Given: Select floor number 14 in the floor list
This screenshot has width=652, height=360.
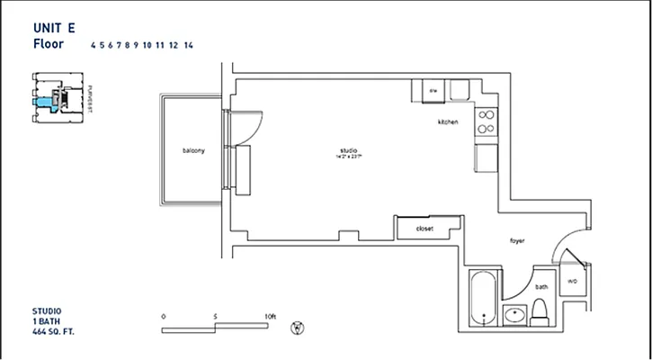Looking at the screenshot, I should [x=188, y=44].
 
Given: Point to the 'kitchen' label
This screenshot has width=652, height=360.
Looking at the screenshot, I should [x=448, y=121].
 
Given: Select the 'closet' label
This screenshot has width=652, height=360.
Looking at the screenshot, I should [x=424, y=229].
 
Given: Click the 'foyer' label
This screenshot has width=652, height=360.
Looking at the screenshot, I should [x=517, y=240].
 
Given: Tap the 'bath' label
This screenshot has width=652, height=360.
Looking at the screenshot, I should [x=541, y=287].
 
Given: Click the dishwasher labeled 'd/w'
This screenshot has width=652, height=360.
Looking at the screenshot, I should [x=432, y=91].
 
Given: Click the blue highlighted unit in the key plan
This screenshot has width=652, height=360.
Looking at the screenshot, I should [x=40, y=103].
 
